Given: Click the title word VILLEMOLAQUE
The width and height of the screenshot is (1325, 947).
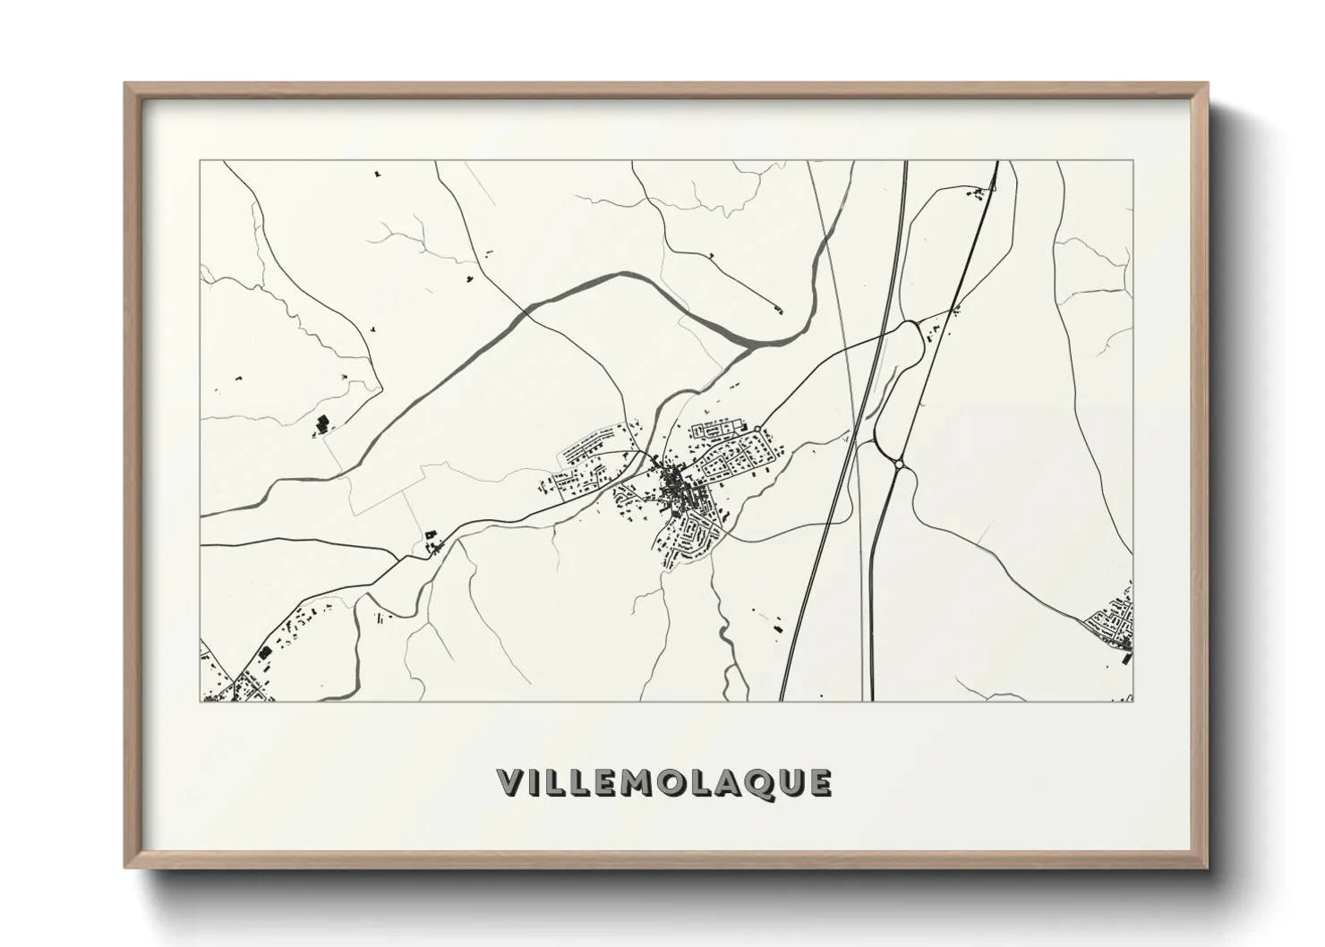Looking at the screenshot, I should (x=664, y=781).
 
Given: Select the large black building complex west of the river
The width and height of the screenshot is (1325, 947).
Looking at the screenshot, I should (x=321, y=423).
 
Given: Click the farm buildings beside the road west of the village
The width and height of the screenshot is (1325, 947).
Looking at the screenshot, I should (x=432, y=541).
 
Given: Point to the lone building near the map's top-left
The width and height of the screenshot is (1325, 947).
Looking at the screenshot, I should (x=378, y=171).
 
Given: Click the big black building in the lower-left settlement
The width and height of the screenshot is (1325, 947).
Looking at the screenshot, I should (x=265, y=654).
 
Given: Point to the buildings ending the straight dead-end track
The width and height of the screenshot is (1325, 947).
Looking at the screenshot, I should (x=777, y=310).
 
